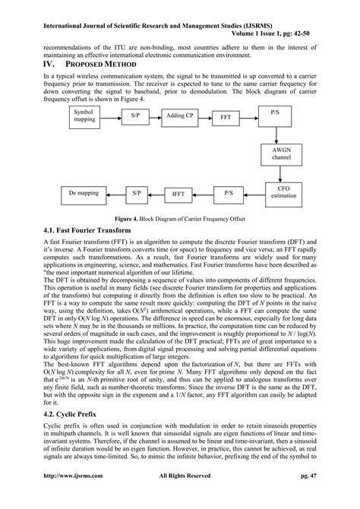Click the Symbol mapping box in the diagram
click(x=84, y=115)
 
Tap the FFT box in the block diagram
click(x=226, y=118)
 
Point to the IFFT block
click(x=178, y=194)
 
